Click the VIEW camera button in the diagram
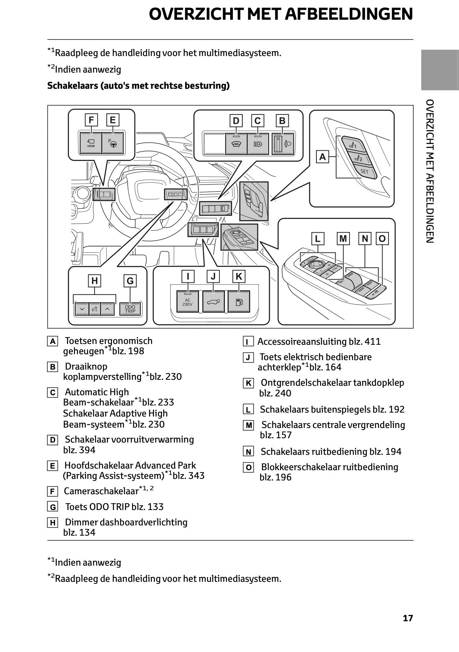click(91, 143)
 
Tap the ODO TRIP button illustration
click(130, 308)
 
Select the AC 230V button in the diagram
click(188, 302)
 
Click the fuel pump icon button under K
click(239, 302)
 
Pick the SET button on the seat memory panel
click(364, 171)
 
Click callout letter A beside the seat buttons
click(323, 157)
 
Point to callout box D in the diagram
click(236, 120)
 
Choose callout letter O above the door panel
click(382, 238)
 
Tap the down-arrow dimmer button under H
click(82, 309)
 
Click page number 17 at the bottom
click(408, 618)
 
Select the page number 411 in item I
click(373, 342)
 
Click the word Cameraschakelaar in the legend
click(101, 491)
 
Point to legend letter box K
click(248, 383)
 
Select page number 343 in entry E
click(196, 476)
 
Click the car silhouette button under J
click(213, 302)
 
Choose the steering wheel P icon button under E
click(112, 143)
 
